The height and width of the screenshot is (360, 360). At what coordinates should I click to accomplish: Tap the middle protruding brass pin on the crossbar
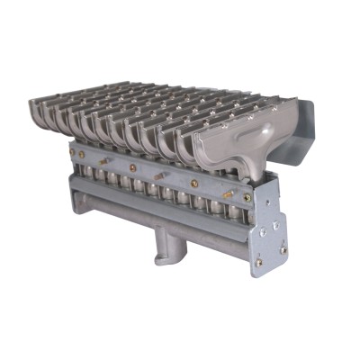pos(159,175)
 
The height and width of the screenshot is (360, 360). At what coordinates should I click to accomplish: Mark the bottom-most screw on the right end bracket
pos(258,263)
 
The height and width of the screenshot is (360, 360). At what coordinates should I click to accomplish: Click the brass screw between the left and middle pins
pos(132,167)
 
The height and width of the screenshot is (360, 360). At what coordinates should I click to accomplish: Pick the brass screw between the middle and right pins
pos(191,179)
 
